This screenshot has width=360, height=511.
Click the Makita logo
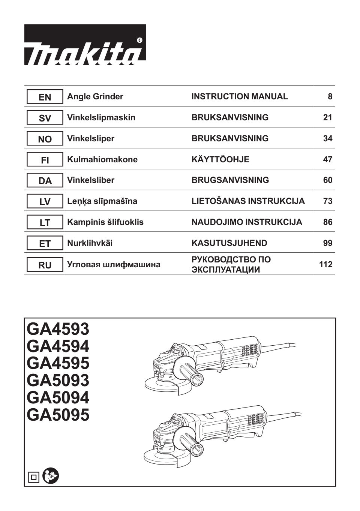(x=85, y=45)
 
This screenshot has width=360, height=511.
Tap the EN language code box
(x=45, y=97)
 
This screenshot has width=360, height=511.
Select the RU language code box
(x=45, y=265)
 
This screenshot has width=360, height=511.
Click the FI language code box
(x=45, y=160)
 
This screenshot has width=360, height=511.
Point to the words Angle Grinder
(x=95, y=97)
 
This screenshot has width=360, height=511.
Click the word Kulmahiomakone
(x=102, y=160)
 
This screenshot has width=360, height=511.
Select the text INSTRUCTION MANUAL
(x=240, y=97)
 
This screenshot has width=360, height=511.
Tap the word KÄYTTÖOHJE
(x=220, y=160)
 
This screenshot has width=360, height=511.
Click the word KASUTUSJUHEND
(x=229, y=243)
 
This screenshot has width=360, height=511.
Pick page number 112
(x=325, y=265)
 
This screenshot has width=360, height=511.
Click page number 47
(x=327, y=160)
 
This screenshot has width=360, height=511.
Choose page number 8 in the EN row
(x=330, y=97)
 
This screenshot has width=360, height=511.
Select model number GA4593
(x=58, y=329)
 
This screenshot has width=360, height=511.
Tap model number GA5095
(x=58, y=415)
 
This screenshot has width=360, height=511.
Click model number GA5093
(x=58, y=381)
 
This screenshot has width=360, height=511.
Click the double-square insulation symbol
(x=34, y=477)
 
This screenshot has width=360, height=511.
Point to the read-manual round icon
(x=51, y=476)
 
